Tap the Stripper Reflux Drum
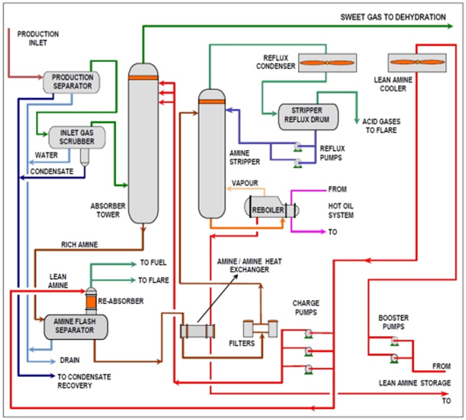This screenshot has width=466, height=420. (x=307, y=117)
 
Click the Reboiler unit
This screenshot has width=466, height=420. (x=271, y=209)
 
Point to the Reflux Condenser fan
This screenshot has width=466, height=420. (x=326, y=62)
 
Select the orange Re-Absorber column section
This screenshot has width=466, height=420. (x=91, y=303)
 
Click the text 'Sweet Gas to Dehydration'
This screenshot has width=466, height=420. (x=393, y=17)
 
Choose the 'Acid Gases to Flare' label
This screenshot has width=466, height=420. (x=381, y=126)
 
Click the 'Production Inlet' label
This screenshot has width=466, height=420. (x=38, y=39)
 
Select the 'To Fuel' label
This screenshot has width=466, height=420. (x=153, y=262)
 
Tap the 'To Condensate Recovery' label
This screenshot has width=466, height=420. (x=84, y=381)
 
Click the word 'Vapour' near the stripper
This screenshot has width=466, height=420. (x=245, y=183)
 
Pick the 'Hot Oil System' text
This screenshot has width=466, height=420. (x=341, y=211)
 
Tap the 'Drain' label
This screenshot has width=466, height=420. (x=70, y=360)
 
